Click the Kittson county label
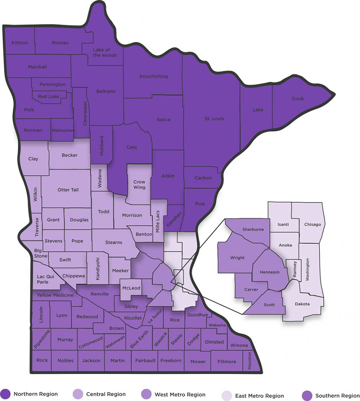point(20,43)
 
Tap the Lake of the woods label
point(104,52)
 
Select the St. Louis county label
point(214,118)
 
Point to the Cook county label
point(298,99)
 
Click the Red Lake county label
point(49,96)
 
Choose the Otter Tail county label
point(68,190)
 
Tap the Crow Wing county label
point(139,184)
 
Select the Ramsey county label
point(295,270)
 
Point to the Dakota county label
point(302,304)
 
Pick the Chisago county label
point(312,224)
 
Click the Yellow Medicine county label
point(55,295)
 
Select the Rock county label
point(42,360)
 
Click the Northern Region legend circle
point(5,394)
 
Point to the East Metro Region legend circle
point(227,395)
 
